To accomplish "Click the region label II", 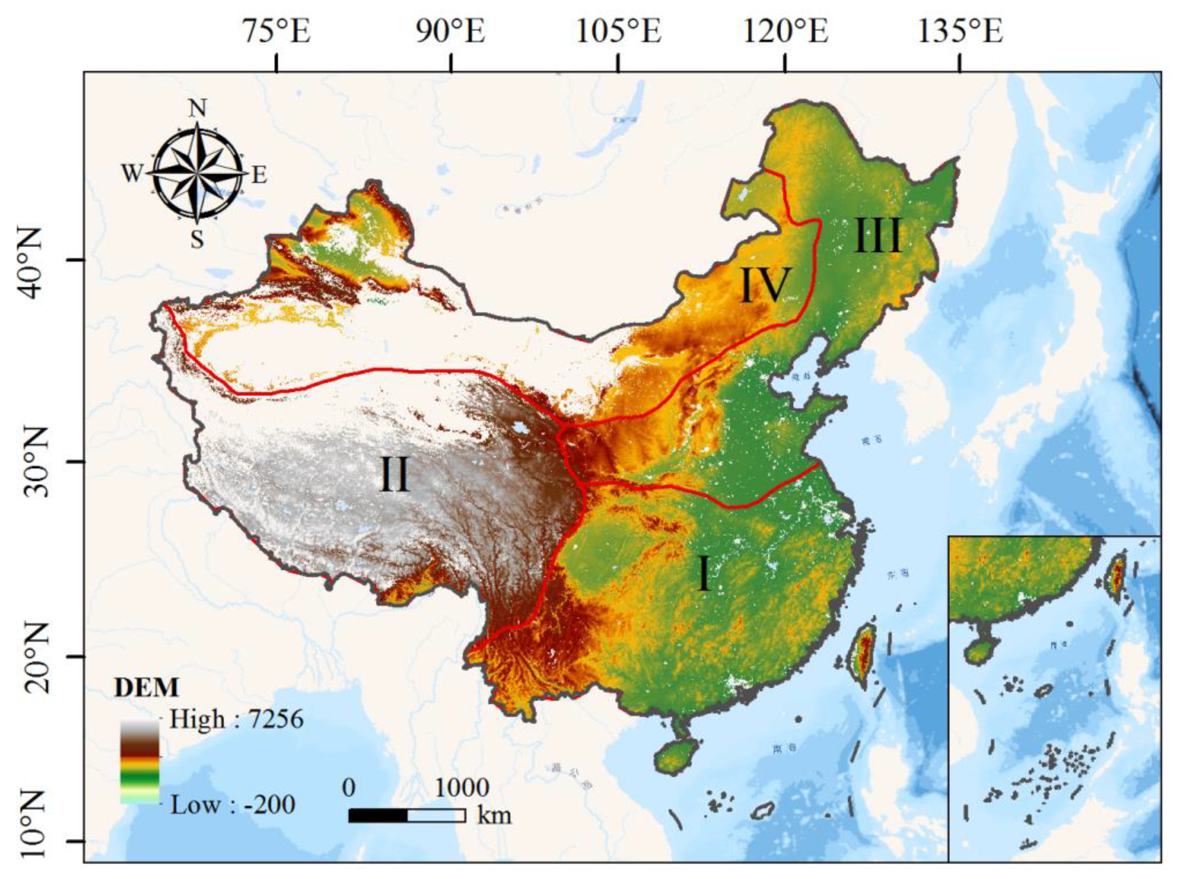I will [394, 475].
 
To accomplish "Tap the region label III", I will [878, 236].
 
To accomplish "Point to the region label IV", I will [764, 286].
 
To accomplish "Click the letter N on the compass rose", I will [197, 109].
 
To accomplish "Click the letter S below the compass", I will [197, 240].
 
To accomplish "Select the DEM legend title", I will [146, 688].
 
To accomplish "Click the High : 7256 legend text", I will [236, 719].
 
